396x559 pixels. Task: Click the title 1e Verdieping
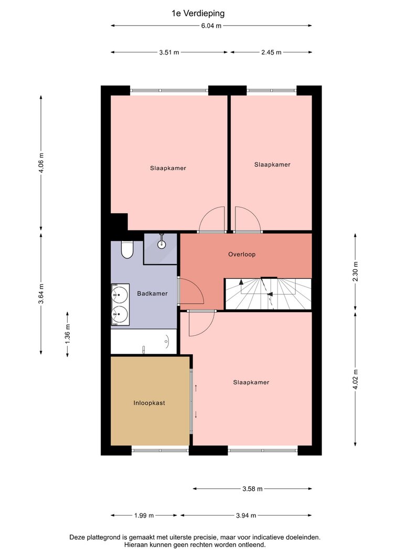tap(198, 14)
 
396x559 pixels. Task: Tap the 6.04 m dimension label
tap(211, 26)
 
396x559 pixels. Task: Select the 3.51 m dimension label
tap(169, 52)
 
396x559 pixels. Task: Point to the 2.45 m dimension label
tap(271, 52)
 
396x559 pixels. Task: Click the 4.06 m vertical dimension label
tap(41, 162)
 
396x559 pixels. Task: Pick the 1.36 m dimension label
tap(68, 334)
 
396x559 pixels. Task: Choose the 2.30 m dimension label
tap(355, 271)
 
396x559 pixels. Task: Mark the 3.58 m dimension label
tap(252, 489)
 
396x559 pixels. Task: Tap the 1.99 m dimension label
tap(144, 516)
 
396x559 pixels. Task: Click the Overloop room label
tap(242, 255)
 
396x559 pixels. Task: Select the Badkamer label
tap(152, 294)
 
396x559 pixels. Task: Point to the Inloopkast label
tap(149, 403)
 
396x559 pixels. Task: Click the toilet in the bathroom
tap(127, 249)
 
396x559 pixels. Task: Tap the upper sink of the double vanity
tap(120, 294)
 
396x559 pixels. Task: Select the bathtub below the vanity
tap(144, 342)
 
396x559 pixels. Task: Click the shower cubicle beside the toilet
tap(160, 249)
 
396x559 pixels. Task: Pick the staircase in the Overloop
tap(268, 294)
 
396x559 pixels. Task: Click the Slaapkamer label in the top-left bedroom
tap(168, 168)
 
